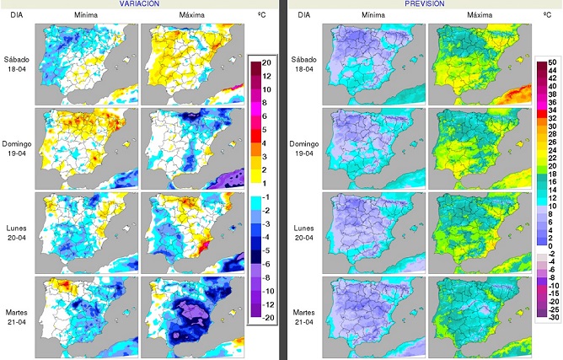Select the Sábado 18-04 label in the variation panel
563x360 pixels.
(17, 64)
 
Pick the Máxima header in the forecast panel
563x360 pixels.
(479, 16)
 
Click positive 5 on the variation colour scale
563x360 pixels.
(265, 130)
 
